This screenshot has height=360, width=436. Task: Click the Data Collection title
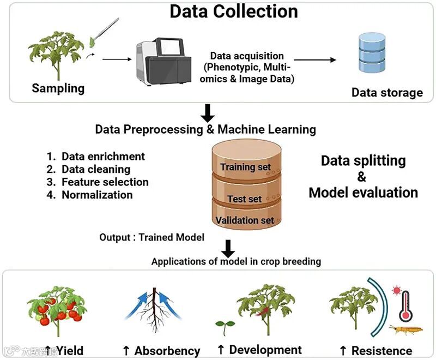tap(234, 11)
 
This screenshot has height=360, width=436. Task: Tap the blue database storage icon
tap(372, 53)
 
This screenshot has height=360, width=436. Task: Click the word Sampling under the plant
tap(58, 88)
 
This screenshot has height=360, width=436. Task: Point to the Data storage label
tap(387, 92)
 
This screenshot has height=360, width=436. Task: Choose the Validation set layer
tap(245, 220)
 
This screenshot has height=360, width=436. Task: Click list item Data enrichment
tap(103, 156)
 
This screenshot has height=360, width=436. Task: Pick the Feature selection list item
tap(105, 182)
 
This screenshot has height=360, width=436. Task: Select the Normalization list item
tap(96, 195)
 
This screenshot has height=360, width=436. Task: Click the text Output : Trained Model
tap(152, 237)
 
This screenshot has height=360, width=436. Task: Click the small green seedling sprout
tap(221, 325)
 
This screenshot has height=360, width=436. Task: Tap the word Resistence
tap(381, 351)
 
